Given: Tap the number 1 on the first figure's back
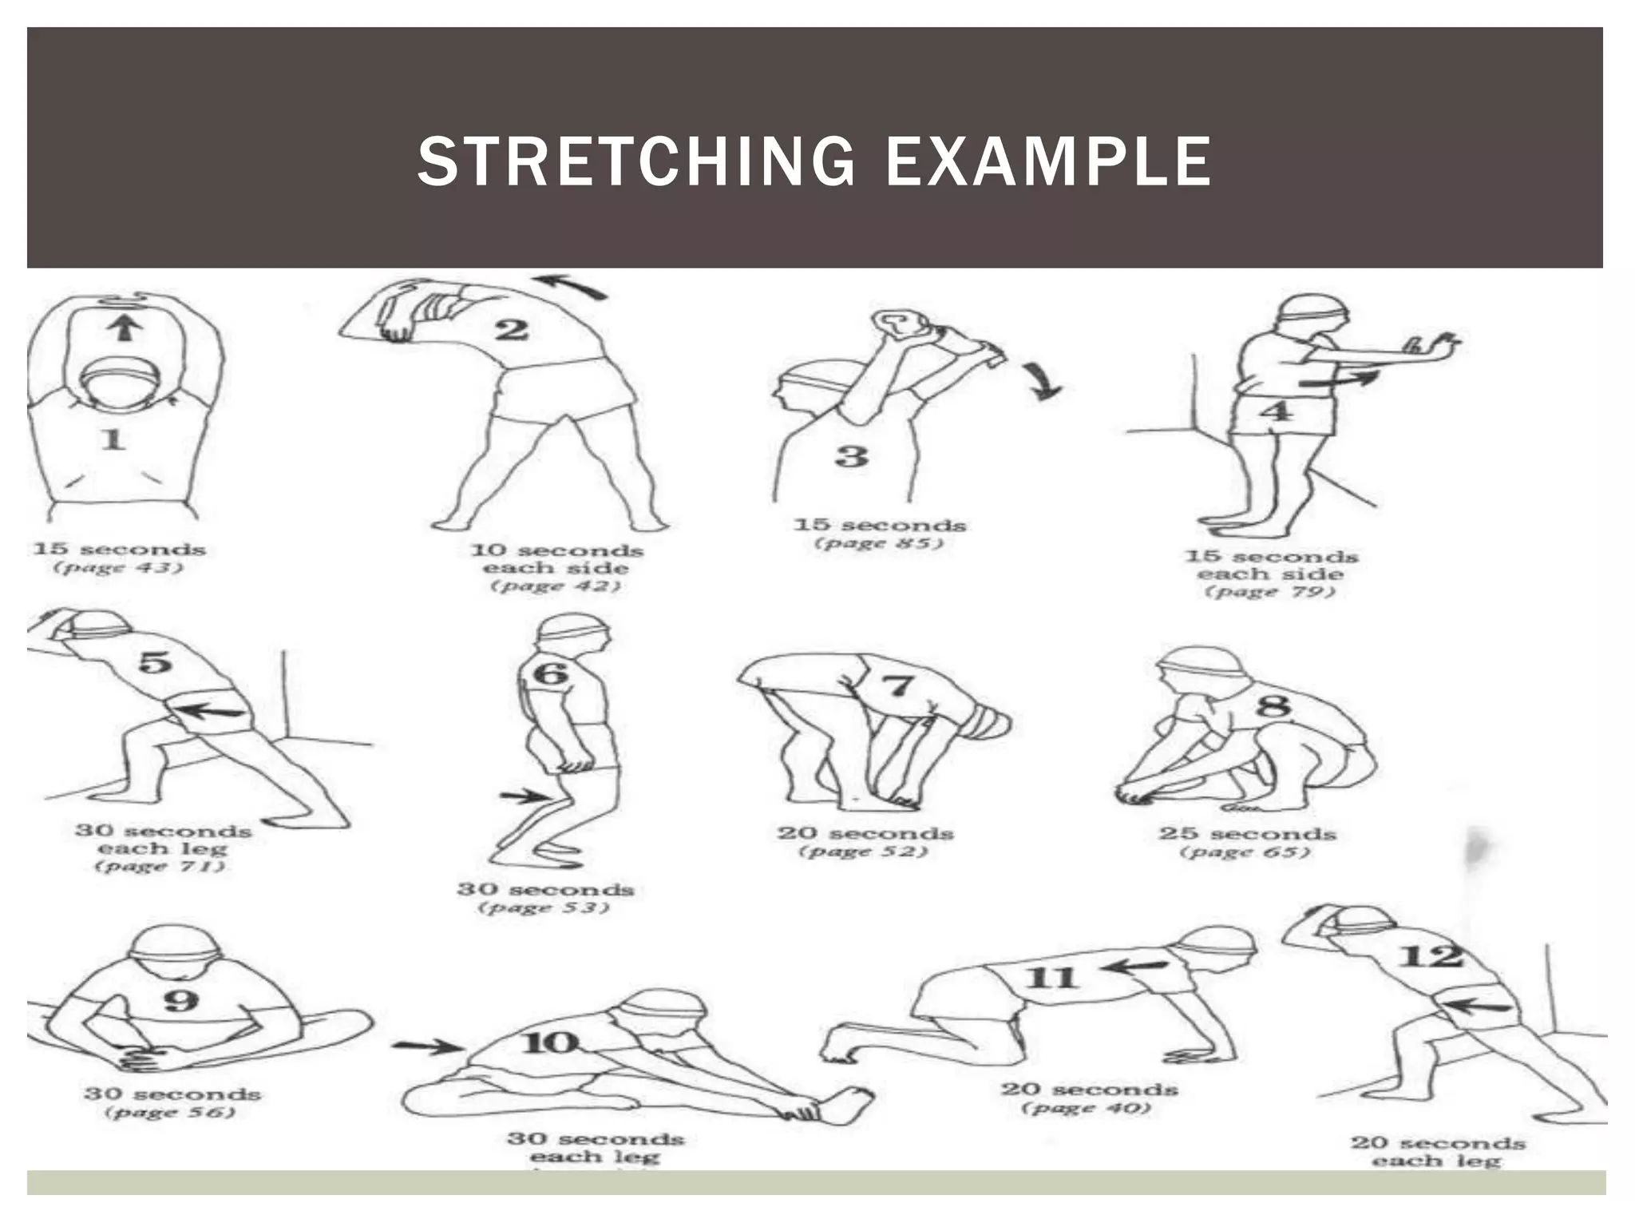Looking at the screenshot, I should point(113,439).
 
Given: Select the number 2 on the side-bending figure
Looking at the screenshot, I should point(512,329).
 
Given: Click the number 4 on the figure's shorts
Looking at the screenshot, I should point(1275,412).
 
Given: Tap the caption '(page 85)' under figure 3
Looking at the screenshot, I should point(879,544).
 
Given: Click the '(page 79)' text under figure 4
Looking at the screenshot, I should point(1269,592).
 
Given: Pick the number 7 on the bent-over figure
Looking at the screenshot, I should point(898,685).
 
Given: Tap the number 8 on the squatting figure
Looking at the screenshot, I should point(1273,705).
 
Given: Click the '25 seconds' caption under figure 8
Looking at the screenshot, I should point(1247,833).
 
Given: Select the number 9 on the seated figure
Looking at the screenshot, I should point(180,999).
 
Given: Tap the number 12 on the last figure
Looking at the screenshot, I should point(1431,956).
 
